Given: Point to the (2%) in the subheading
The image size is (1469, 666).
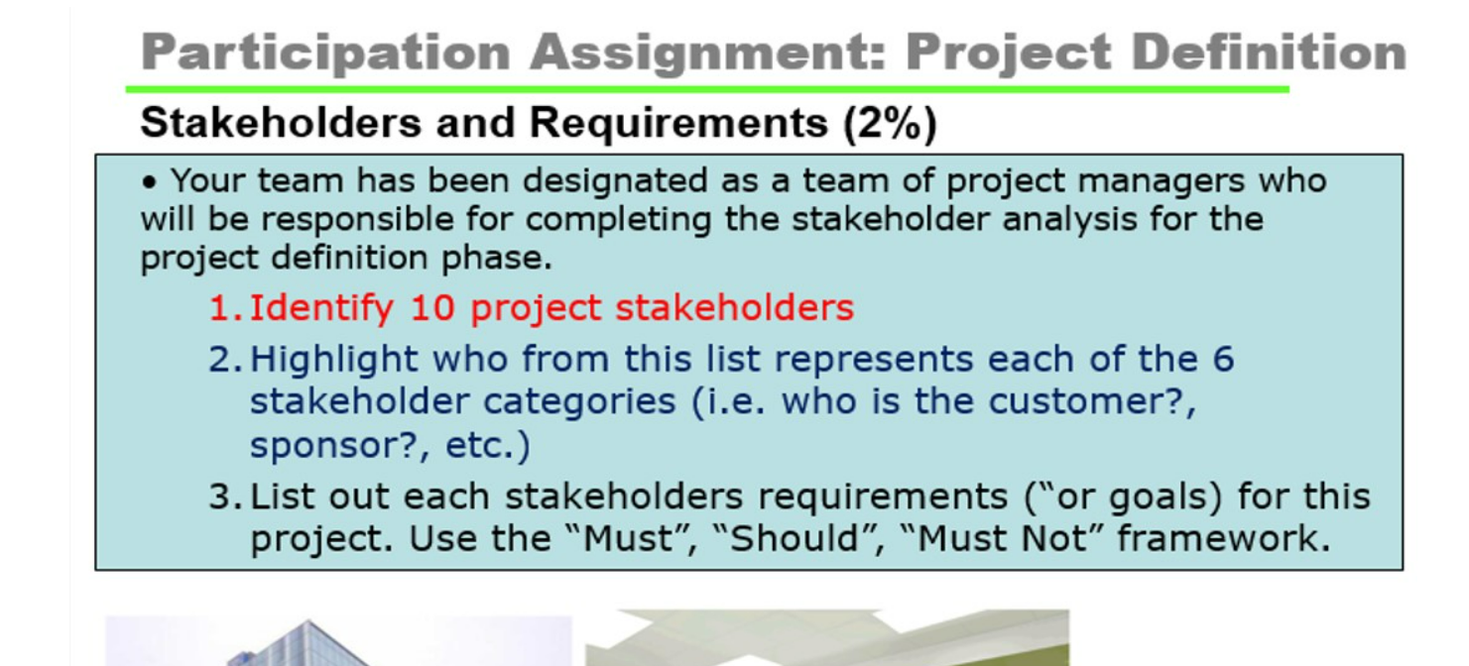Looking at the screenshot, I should pos(890,123).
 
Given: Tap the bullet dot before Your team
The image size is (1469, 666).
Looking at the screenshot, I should pos(149,183).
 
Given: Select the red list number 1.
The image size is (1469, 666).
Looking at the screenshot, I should pos(223,308).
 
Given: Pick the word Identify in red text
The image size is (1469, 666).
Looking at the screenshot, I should pos(320,308).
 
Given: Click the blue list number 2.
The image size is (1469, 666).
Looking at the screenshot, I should pos(223,358).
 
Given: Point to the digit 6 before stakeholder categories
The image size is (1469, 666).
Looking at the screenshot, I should pos(1223,358).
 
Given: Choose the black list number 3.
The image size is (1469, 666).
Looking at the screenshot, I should pos(223,496).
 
